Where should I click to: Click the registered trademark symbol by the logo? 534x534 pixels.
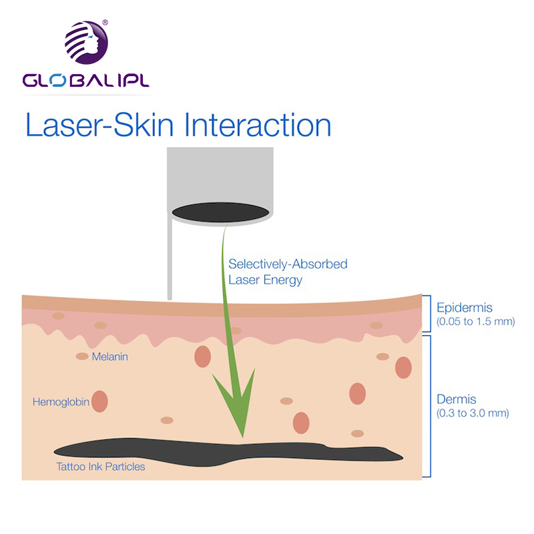coord(105,23)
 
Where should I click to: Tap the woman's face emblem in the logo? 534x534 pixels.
coord(87,43)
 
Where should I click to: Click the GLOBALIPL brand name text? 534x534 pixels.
coord(86,80)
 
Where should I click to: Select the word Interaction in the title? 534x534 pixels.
coord(258,125)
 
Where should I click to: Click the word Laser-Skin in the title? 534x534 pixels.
coord(99,125)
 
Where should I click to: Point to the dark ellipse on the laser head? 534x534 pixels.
coord(221,212)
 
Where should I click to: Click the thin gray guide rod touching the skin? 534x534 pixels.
coord(170,259)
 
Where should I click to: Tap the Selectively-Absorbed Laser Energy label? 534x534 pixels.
coord(288,272)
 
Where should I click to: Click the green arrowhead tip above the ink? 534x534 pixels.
coord(242,437)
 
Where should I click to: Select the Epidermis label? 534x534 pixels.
coord(465,308)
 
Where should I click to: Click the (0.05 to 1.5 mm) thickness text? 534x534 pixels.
coord(476,322)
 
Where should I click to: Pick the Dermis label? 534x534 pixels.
coord(457,399)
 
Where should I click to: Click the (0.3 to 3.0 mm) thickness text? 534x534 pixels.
coord(473,413)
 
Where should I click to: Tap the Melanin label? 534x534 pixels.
coord(110,356)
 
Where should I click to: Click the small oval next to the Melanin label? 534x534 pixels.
coord(82,356)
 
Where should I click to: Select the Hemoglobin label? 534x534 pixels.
coord(61,402)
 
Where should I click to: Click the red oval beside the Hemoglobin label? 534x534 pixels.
coord(99,402)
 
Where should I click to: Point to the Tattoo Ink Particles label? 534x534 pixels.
coord(101,467)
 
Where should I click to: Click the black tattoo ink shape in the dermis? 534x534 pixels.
coord(228,452)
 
